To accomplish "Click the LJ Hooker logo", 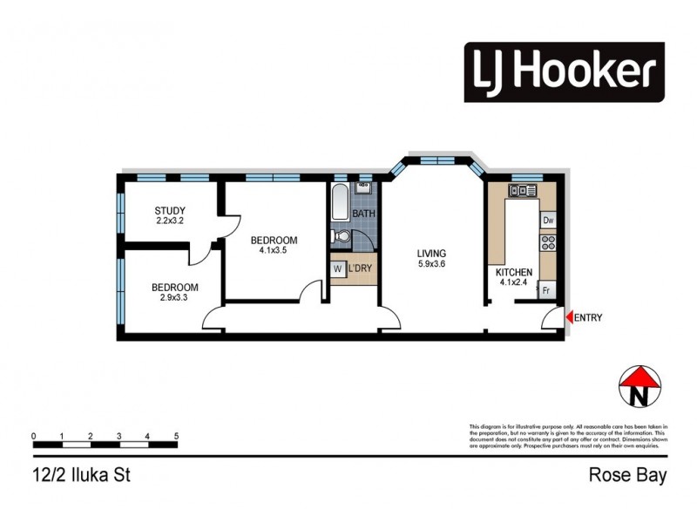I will coord(564,72).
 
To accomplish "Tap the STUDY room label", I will coord(170,210).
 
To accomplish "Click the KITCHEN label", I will coord(514,271).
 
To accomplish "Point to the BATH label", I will coord(364,214).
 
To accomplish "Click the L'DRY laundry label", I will coord(361,268).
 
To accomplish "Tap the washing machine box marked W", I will coord(337,268).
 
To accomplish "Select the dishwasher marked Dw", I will coord(548,221).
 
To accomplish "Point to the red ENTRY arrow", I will coord(568,318).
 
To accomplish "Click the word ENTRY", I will coord(588,318).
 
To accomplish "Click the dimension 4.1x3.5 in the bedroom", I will coord(274,251).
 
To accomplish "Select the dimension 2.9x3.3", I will coord(174,298).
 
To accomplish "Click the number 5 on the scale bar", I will coord(177,434).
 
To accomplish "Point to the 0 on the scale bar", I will coord(33,434).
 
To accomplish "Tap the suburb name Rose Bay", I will coord(627,475).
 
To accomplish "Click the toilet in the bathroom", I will coord(342,235).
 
